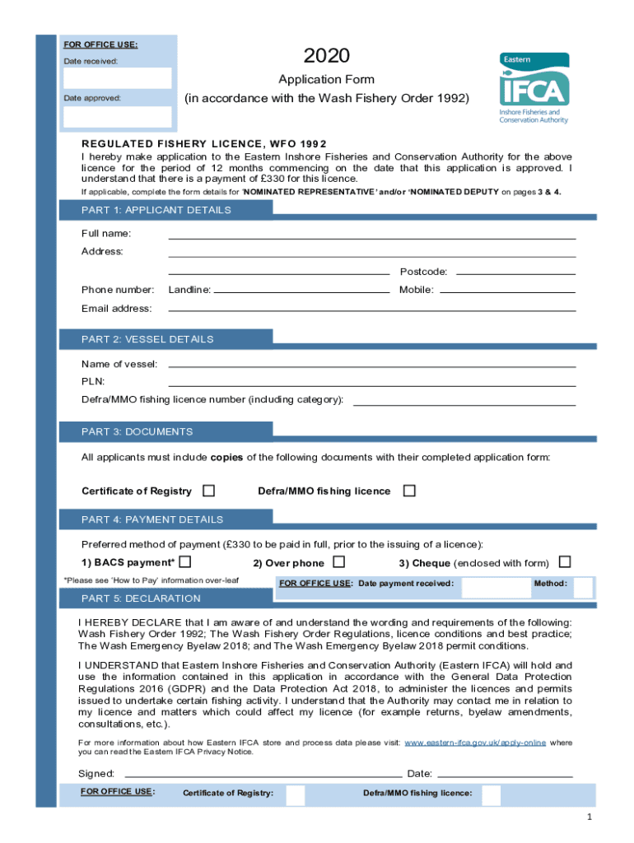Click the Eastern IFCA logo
[534, 87]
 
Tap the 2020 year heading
[326, 56]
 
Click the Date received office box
[117, 78]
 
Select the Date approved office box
[117, 116]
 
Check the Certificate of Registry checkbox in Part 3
[209, 491]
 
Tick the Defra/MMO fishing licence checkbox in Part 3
[409, 491]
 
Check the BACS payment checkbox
[185, 562]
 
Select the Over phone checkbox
[338, 562]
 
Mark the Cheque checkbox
[565, 562]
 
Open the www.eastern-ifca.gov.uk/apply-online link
[475, 743]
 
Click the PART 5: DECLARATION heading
[141, 598]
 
